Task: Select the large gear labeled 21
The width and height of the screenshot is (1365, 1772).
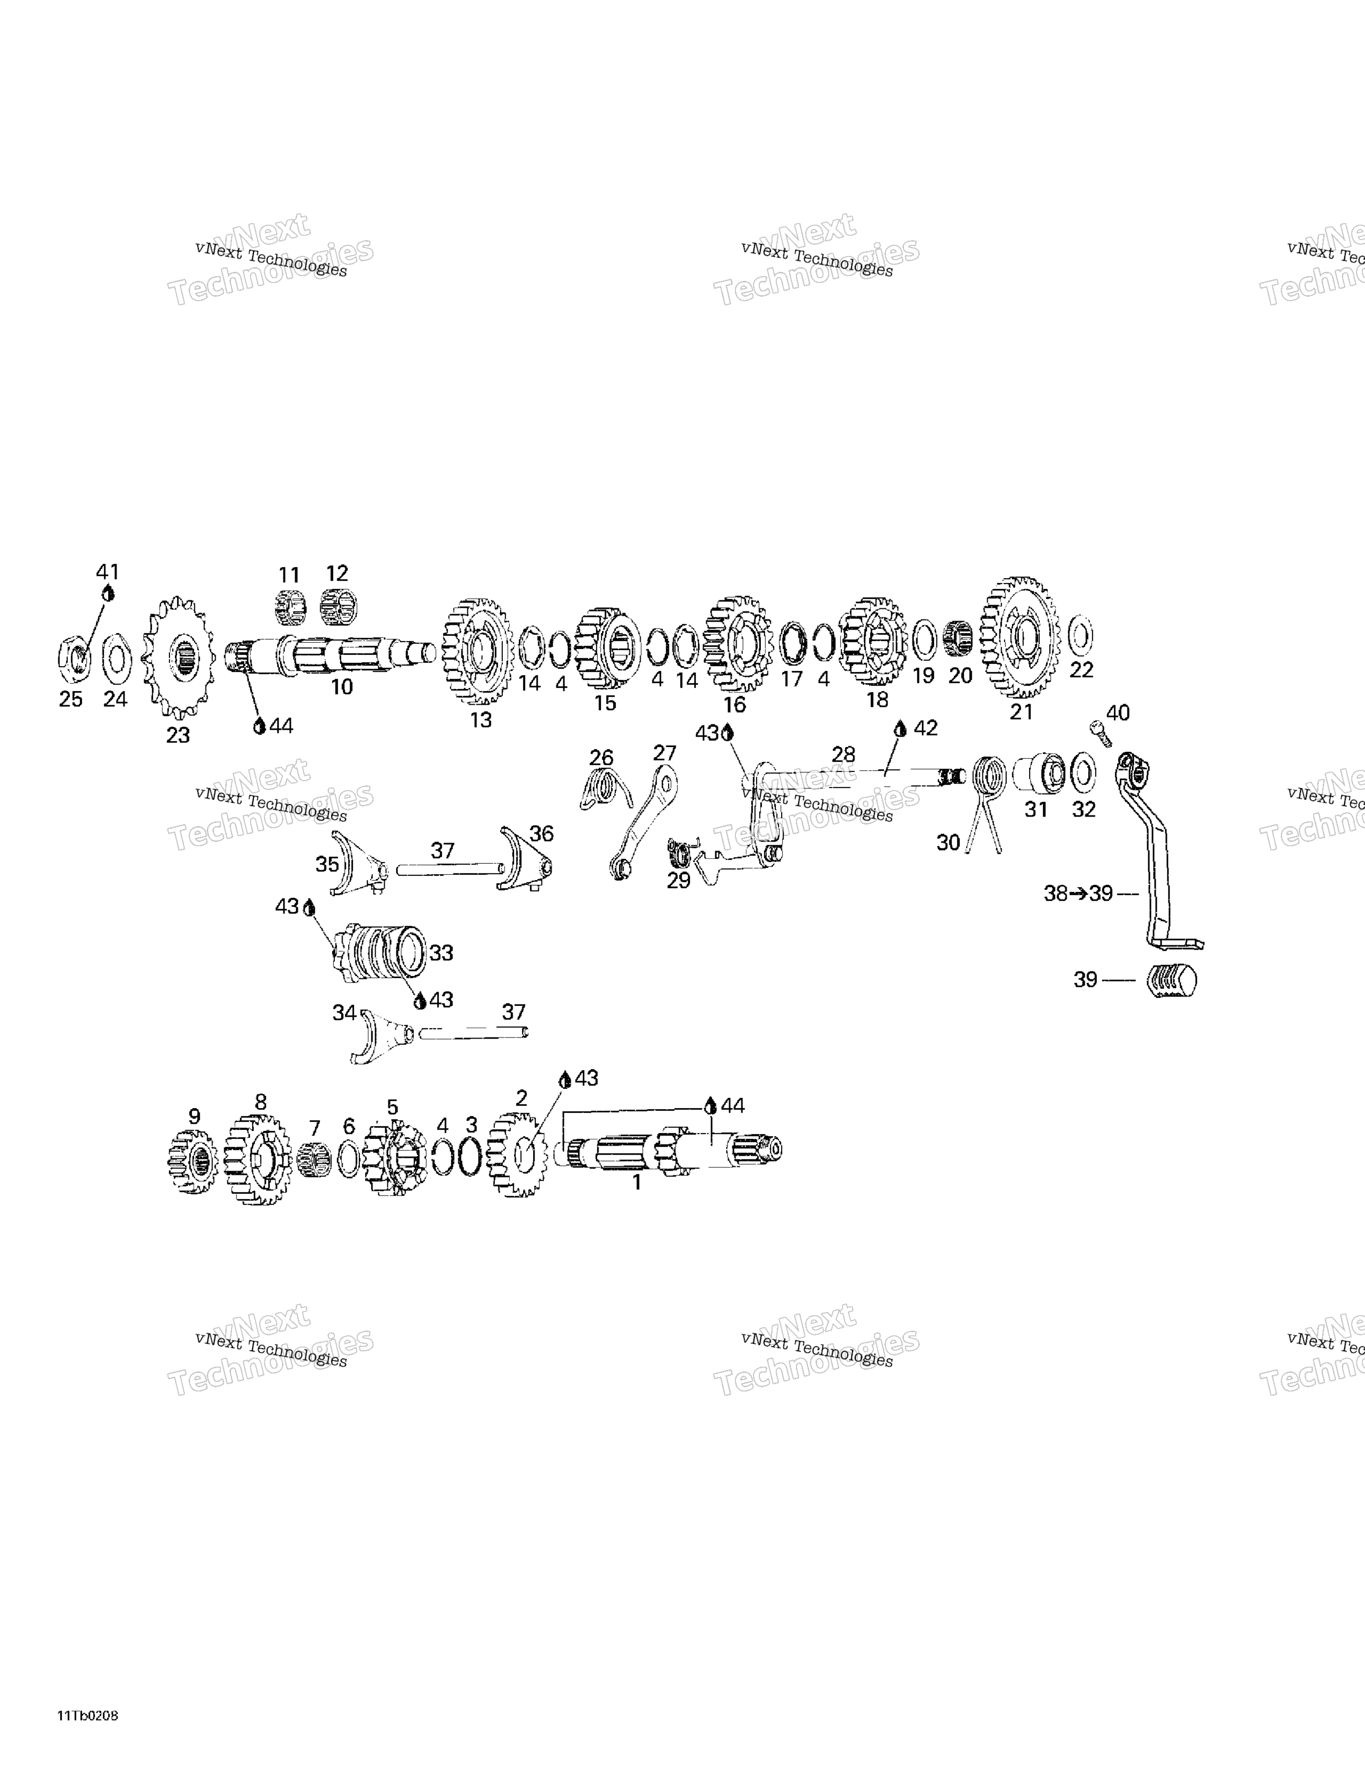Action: [1020, 637]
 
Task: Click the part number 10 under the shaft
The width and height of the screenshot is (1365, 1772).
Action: [342, 686]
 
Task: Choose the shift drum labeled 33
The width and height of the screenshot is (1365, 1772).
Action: [378, 951]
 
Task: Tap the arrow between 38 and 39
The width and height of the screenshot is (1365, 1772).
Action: [1078, 894]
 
